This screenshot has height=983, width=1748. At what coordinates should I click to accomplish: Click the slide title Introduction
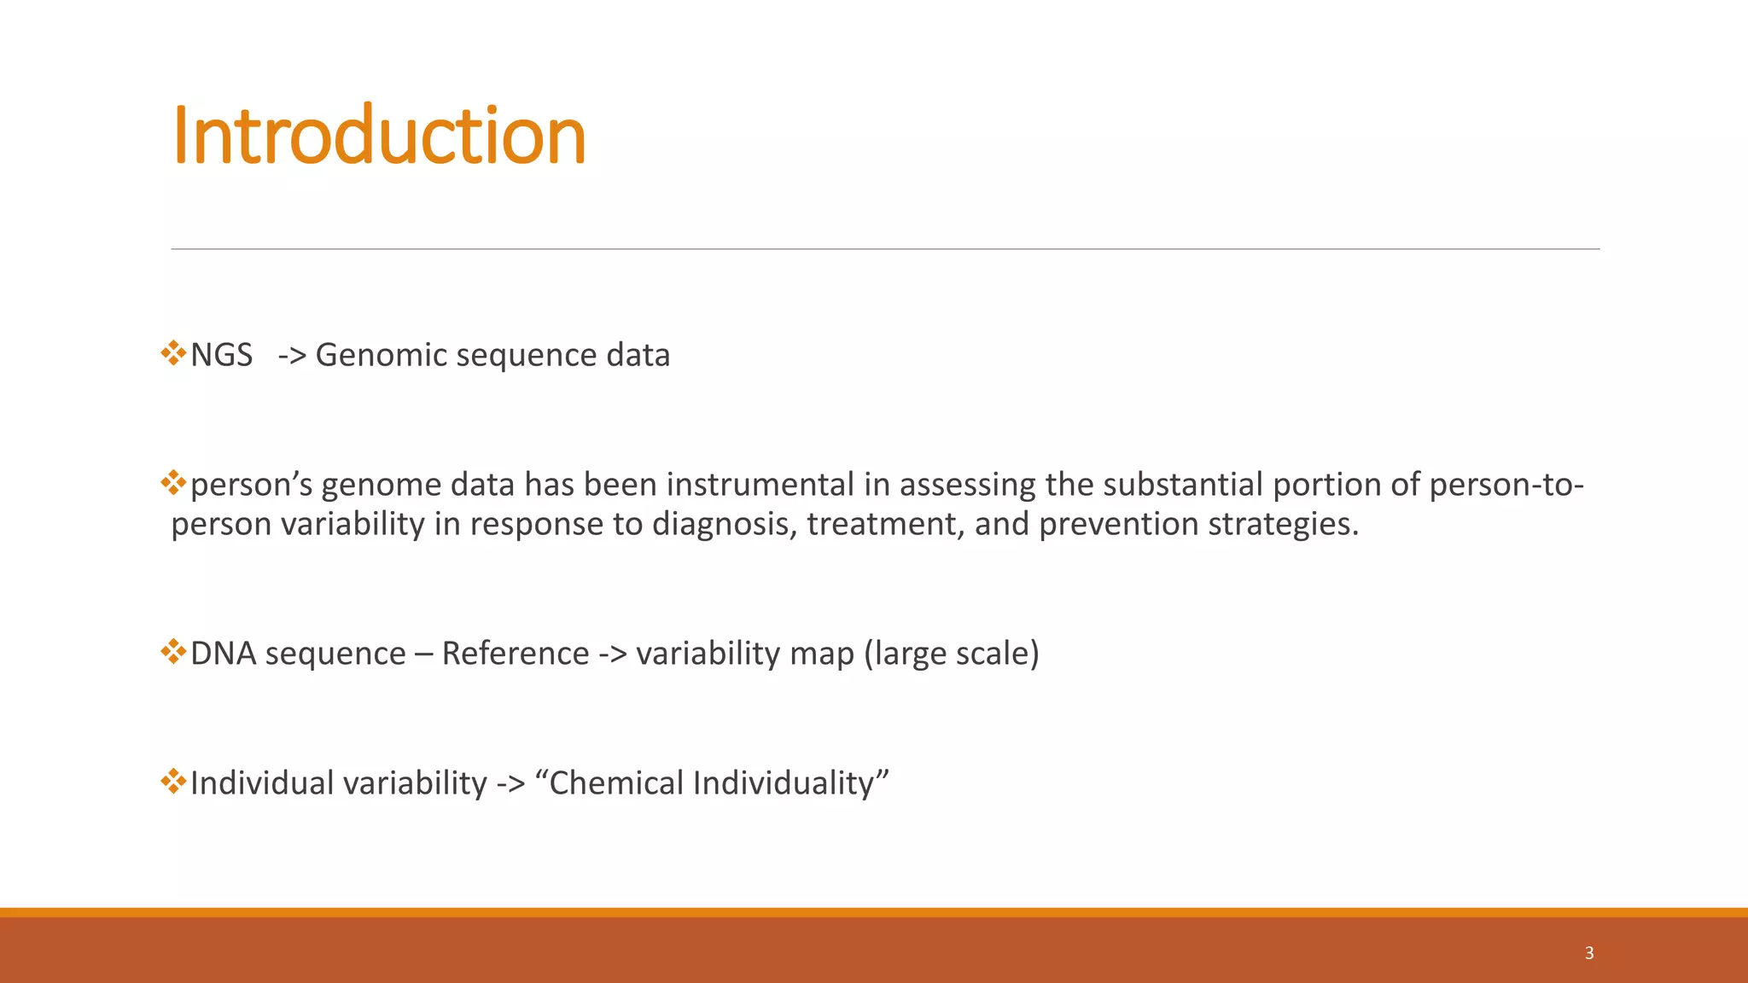click(x=379, y=137)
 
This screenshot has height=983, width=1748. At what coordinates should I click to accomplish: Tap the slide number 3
click(x=1588, y=953)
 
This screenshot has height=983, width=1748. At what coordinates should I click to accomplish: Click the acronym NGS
click(x=221, y=355)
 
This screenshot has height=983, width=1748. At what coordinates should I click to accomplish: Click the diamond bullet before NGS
click(x=173, y=352)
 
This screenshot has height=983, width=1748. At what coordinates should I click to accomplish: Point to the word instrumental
click(x=760, y=485)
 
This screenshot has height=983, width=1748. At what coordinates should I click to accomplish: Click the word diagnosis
click(x=724, y=524)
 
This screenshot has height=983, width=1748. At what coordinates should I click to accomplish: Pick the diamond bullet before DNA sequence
click(x=173, y=652)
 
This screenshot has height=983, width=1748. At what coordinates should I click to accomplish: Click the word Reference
click(x=515, y=654)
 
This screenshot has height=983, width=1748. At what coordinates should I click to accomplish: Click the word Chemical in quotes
click(x=616, y=783)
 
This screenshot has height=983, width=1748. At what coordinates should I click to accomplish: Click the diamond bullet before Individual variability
click(x=173, y=781)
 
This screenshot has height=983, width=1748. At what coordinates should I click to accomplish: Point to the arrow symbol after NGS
click(x=292, y=356)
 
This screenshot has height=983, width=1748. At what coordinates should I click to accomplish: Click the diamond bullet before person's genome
click(x=173, y=482)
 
